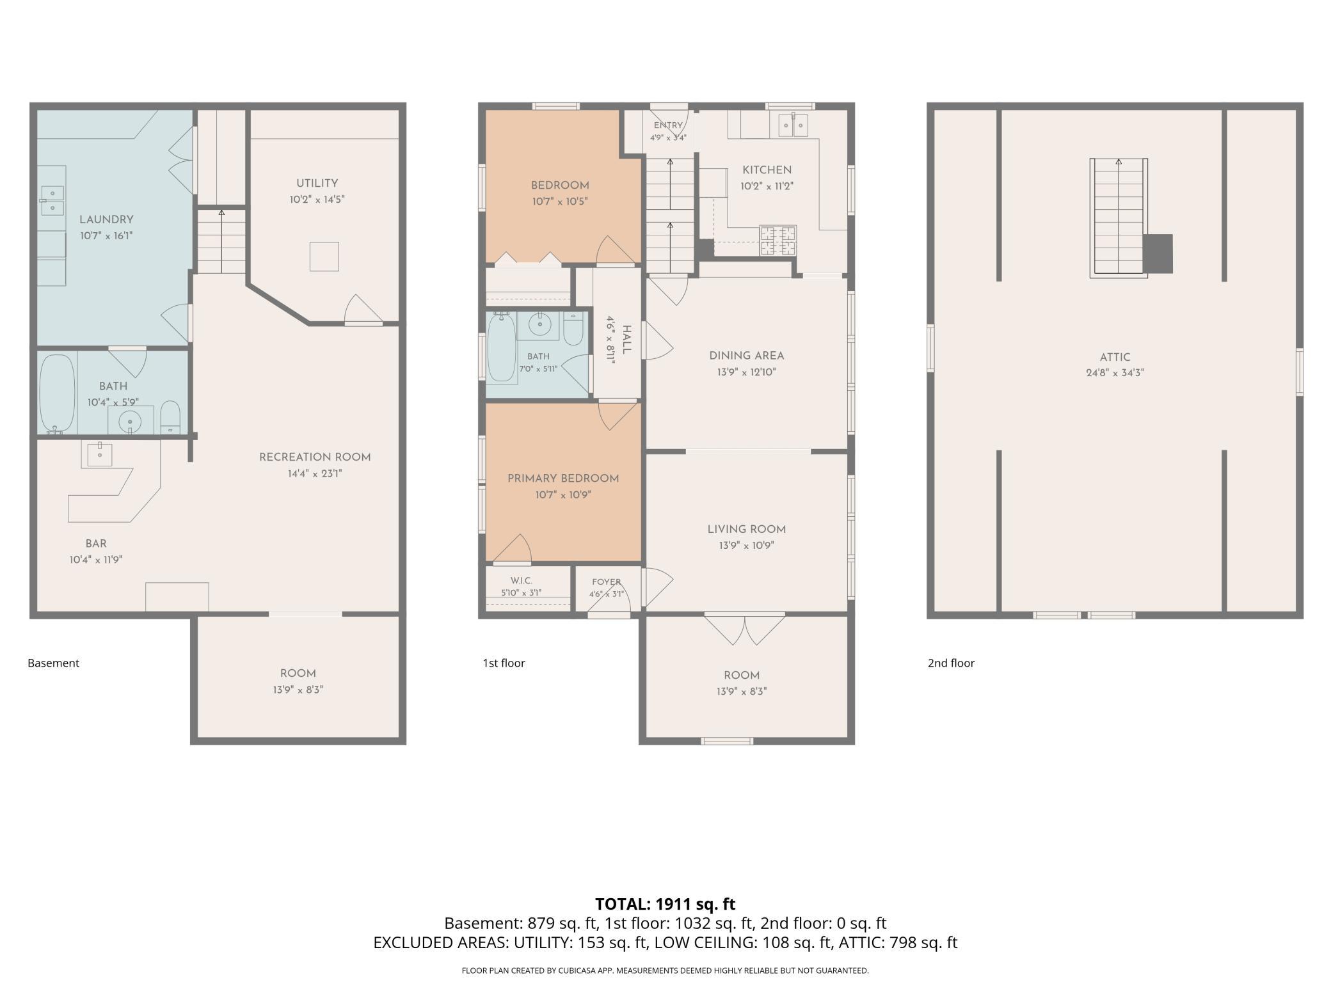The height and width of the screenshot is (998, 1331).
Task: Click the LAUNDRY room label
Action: click(106, 219)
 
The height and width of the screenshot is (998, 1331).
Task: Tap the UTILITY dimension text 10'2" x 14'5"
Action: click(317, 200)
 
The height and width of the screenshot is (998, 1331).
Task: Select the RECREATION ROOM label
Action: click(315, 457)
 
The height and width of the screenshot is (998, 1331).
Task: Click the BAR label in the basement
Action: click(96, 544)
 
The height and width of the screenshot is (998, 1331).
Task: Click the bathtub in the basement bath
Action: click(57, 393)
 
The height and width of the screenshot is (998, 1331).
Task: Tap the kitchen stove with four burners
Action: click(778, 241)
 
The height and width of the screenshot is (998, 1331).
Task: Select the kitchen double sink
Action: click(793, 125)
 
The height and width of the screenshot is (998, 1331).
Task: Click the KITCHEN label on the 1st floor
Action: click(767, 170)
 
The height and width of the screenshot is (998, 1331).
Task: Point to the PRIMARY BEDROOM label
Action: click(563, 479)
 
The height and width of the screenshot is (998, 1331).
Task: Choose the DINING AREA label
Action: click(746, 356)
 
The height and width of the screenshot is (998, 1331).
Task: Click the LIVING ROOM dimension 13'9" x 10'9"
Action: click(746, 546)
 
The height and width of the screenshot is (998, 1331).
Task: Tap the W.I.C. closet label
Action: click(522, 581)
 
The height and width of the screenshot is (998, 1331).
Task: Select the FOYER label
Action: click(606, 582)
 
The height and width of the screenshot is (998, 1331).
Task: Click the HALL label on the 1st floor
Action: click(626, 339)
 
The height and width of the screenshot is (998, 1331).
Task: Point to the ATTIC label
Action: click(1115, 358)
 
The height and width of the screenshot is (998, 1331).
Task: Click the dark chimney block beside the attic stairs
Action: click(1158, 254)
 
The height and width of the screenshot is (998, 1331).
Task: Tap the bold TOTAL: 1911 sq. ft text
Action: click(665, 904)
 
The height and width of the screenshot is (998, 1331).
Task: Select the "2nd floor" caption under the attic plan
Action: click(951, 663)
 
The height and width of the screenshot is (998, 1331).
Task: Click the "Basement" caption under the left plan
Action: click(53, 663)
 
